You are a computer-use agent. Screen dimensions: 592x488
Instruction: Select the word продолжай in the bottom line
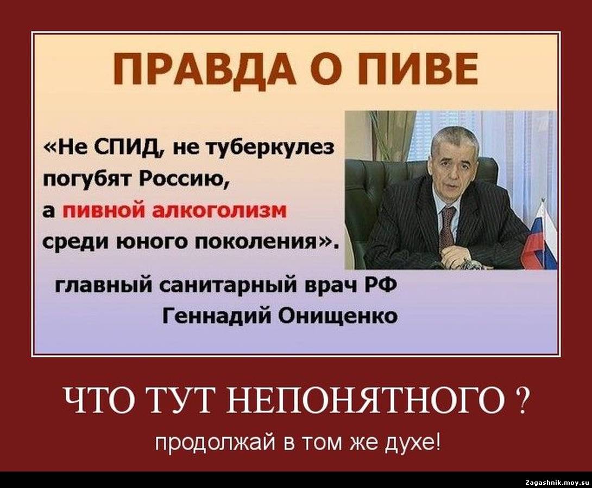[216, 442]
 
